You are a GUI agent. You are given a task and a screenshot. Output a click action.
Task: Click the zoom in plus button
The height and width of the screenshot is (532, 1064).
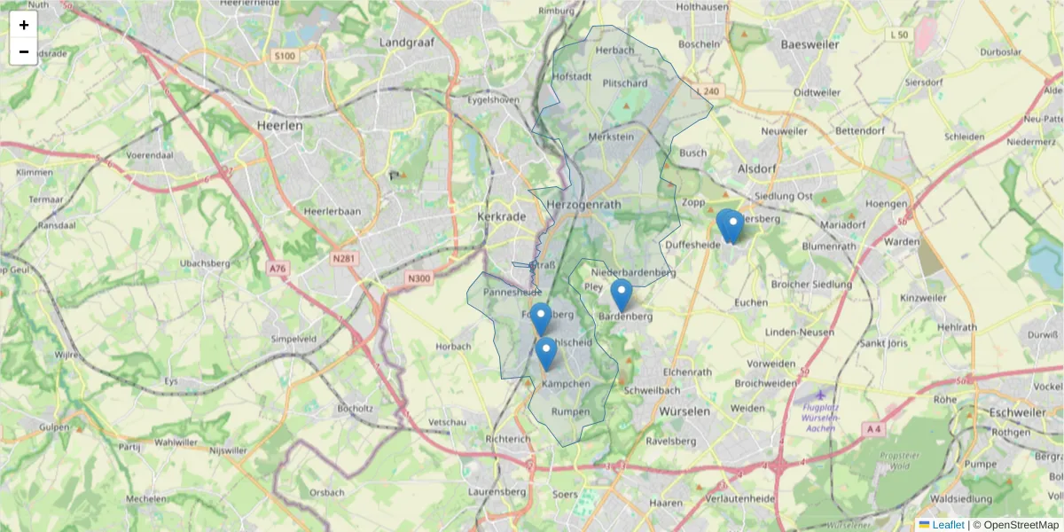[24, 25]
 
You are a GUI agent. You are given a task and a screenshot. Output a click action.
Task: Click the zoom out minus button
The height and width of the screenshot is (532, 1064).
[24, 51]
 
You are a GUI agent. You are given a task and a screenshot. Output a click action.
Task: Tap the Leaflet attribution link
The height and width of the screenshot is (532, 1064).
[947, 525]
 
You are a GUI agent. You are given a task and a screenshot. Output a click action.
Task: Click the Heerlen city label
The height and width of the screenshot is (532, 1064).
[279, 126]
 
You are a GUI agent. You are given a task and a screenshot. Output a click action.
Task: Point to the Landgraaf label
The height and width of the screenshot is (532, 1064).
[404, 42]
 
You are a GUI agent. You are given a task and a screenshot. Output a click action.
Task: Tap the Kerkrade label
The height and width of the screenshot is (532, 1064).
[502, 215]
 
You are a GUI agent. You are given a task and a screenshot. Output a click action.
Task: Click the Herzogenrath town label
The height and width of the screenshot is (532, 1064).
[586, 204]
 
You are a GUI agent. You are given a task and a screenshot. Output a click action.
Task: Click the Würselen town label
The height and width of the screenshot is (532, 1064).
[685, 411]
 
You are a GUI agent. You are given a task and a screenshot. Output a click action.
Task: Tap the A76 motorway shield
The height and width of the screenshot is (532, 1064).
[278, 268]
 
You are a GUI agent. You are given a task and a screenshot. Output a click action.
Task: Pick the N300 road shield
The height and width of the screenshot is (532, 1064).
[419, 278]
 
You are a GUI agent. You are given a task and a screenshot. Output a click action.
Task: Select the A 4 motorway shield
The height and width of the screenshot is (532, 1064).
[873, 429]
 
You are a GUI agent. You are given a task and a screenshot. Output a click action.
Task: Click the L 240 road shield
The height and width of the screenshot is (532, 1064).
[709, 90]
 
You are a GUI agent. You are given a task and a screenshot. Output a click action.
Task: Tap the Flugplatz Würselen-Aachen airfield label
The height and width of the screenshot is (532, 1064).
[819, 418]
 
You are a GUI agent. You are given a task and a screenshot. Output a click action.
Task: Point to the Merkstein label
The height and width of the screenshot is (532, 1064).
[611, 137]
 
